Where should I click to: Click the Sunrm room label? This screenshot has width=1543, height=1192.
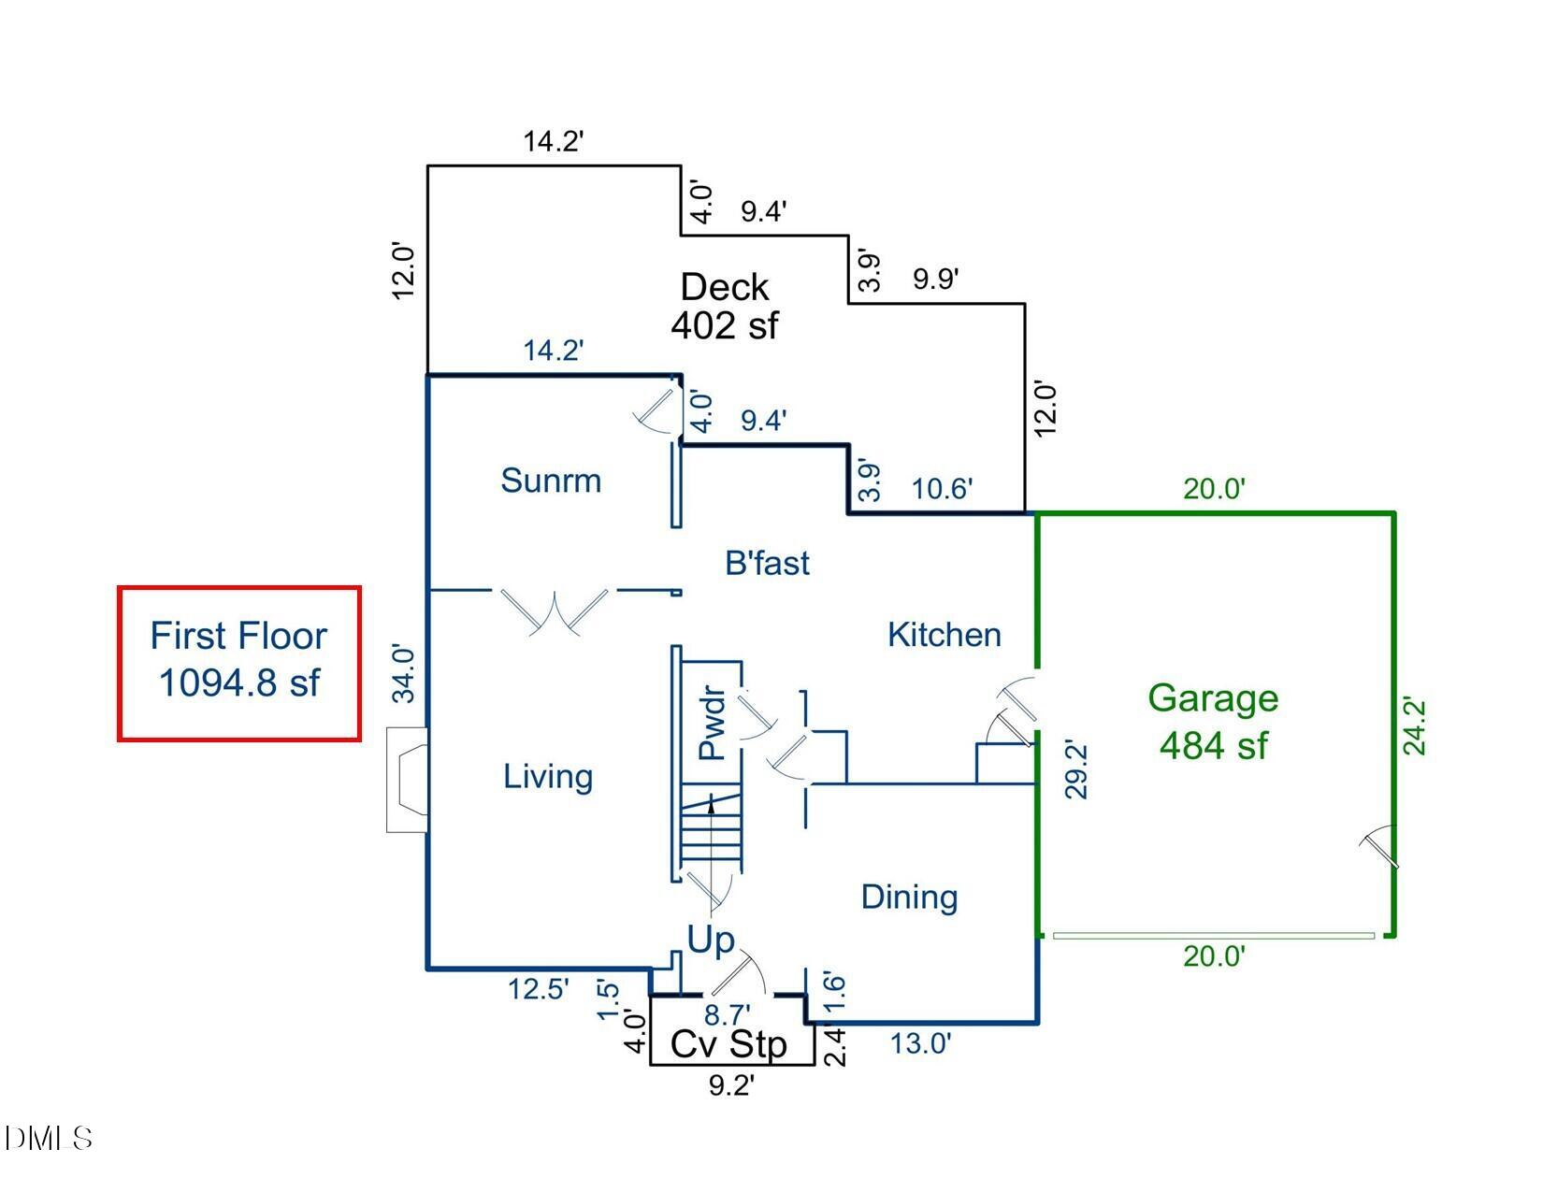[550, 481]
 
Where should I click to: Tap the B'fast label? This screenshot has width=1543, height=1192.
[767, 563]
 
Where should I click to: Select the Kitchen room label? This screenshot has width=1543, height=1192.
[944, 635]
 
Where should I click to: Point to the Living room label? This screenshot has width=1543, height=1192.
[548, 776]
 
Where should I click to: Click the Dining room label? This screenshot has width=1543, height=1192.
[909, 897]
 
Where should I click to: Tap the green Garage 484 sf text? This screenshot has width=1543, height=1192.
[1213, 722]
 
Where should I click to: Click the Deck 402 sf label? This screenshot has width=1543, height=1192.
[724, 305]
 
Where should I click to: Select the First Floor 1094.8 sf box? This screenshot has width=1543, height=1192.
[239, 663]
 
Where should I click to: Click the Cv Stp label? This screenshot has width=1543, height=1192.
[729, 1044]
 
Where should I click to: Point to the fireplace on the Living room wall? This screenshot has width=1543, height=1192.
[409, 780]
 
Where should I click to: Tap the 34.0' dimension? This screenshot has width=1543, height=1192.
[402, 672]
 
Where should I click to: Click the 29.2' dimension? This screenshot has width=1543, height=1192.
[1077, 770]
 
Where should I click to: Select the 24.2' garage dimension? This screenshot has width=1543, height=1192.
[1416, 726]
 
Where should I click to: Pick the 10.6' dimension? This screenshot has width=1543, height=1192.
[942, 488]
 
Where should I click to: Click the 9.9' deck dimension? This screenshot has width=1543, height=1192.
[935, 279]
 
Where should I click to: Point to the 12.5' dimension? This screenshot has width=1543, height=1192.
[538, 989]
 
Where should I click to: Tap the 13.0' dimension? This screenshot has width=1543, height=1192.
[920, 1043]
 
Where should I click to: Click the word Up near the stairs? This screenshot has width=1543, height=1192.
[711, 941]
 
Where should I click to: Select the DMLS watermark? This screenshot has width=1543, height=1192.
[49, 1138]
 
